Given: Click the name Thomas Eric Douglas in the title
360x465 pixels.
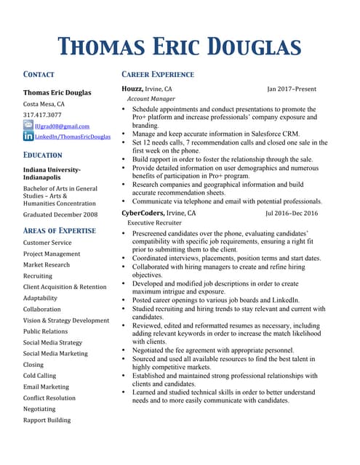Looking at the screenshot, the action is click(180, 47).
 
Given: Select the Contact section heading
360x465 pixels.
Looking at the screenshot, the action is click(39, 74).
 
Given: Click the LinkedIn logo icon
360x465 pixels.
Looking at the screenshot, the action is click(28, 136).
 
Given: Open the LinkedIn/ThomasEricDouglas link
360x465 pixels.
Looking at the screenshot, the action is click(73, 137).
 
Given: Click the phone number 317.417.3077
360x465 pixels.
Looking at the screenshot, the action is click(42, 115).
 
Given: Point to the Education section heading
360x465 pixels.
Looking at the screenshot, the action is click(43, 155).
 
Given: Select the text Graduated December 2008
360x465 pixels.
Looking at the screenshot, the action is click(60, 214).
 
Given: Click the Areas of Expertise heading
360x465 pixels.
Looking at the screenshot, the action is click(59, 230).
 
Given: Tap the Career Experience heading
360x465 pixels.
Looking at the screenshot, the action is click(157, 74).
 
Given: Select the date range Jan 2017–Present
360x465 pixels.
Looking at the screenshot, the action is click(291, 89).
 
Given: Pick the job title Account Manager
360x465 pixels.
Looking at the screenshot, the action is click(151, 98).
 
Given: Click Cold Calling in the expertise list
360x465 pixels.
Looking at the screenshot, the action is click(39, 376).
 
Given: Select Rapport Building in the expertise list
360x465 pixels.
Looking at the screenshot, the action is click(47, 420).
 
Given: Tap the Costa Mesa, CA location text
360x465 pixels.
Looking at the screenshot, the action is click(44, 104).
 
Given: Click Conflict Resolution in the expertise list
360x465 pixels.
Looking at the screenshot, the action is click(49, 397).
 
